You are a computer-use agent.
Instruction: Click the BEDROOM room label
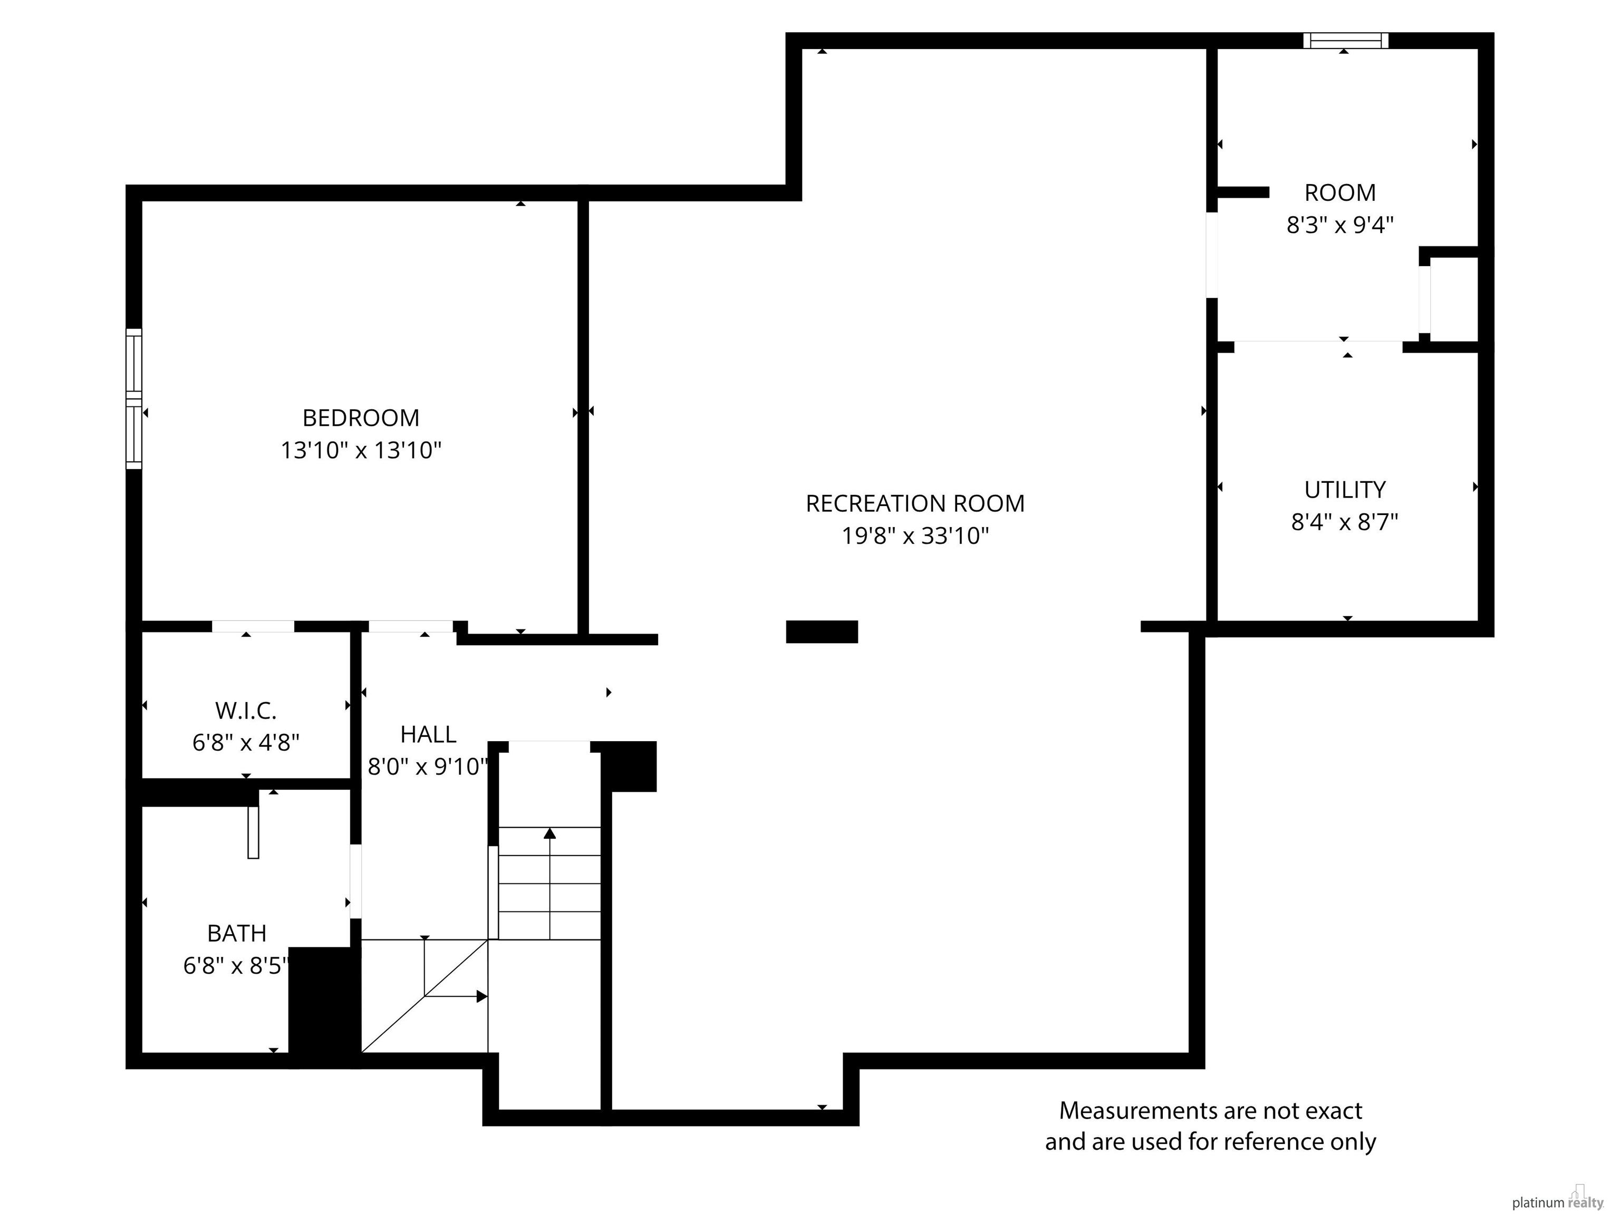click(x=361, y=418)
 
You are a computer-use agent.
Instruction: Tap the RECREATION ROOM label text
click(x=915, y=504)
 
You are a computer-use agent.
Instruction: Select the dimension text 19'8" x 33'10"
click(x=915, y=536)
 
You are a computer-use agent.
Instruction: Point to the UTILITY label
click(x=1345, y=489)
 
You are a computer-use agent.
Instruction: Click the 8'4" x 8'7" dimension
click(x=1345, y=522)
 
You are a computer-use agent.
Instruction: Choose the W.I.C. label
click(x=246, y=710)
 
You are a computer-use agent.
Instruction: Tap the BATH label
click(x=237, y=933)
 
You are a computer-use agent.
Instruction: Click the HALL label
click(x=428, y=734)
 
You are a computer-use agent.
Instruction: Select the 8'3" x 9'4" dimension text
click(x=1339, y=225)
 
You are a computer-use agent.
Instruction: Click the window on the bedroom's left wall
click(x=134, y=399)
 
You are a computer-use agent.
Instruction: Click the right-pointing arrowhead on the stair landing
click(x=482, y=996)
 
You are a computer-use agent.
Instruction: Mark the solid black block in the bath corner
click(x=324, y=1007)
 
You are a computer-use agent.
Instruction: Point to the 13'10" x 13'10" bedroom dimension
click(x=361, y=450)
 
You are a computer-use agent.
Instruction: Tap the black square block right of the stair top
click(x=629, y=766)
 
